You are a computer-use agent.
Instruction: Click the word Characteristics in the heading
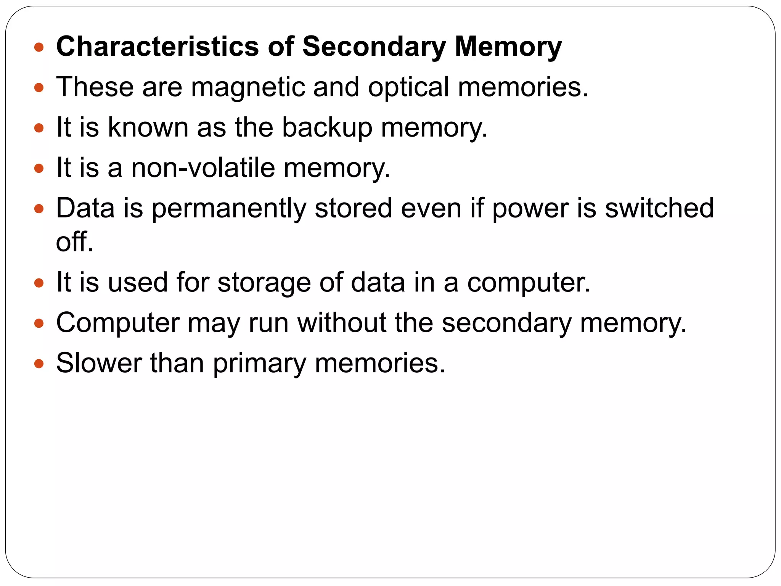pos(157,47)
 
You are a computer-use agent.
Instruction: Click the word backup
pos(327,128)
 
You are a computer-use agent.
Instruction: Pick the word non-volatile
pos(203,168)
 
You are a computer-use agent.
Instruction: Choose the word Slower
pos(99,363)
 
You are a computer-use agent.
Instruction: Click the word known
pos(148,127)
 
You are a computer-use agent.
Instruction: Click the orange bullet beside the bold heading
pos(39,47)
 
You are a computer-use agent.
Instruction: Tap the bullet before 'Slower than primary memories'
pos(39,363)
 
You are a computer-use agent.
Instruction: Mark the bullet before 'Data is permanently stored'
pos(39,209)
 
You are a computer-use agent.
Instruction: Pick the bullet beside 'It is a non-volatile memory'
pos(39,168)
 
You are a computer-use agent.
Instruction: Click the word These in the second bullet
pos(95,87)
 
